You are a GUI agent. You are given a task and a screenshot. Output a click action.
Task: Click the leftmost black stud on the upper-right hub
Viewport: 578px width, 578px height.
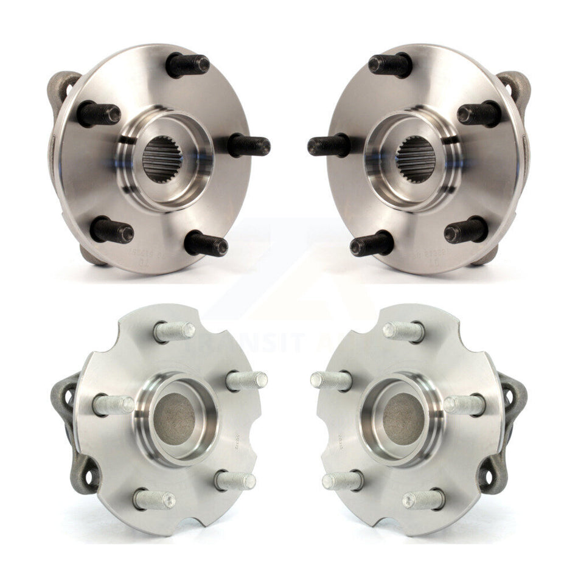[x=329, y=146]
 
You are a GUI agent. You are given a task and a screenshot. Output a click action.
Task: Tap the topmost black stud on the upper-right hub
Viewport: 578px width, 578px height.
[x=389, y=64]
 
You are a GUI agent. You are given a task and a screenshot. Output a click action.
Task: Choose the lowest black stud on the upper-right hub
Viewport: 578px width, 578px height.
[x=371, y=244]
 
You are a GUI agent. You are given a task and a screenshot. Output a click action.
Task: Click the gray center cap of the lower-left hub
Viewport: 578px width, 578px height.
[x=176, y=419]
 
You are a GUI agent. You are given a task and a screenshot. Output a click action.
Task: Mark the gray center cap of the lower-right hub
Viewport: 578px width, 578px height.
[x=402, y=419]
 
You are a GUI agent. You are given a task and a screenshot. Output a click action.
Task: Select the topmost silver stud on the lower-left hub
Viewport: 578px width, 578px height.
[x=175, y=332]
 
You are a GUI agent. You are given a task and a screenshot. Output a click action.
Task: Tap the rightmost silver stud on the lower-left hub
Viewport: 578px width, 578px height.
[x=246, y=381]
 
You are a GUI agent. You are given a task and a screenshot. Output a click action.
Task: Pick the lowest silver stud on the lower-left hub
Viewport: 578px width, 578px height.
[x=154, y=500]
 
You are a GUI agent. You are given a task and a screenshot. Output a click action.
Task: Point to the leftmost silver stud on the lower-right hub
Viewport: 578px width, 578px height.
[x=331, y=381]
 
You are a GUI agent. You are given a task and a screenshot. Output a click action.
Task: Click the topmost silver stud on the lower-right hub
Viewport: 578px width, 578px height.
[x=403, y=332]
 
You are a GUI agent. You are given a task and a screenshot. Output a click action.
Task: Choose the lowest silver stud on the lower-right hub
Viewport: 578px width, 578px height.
[x=423, y=500]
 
